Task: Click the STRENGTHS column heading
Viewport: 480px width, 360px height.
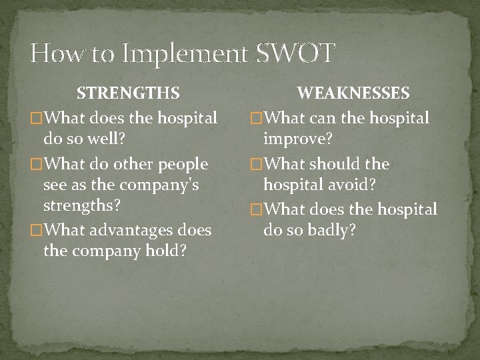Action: tap(127, 93)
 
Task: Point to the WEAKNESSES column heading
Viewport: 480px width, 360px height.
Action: tap(353, 93)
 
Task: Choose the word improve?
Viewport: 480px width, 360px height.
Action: tap(299, 141)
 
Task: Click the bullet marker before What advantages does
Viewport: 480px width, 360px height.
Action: tap(37, 231)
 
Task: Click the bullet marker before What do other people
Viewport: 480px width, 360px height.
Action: tap(37, 164)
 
